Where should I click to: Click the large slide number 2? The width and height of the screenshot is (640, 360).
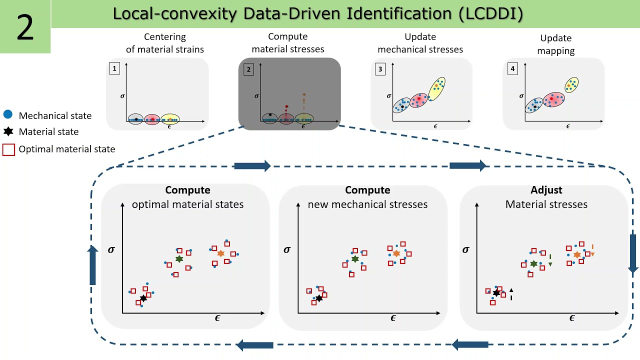coord(25,27)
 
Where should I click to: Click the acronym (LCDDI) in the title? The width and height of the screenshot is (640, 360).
coord(490,14)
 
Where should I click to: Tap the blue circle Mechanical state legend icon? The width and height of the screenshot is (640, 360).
coord(7,114)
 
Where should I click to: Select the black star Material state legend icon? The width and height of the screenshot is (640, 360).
coord(7,131)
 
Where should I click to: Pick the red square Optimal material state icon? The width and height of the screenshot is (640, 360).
coord(8,149)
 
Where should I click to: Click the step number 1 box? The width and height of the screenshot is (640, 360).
coord(114,69)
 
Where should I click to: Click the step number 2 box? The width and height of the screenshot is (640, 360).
coord(248,69)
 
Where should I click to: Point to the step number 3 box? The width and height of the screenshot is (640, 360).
coord(380,69)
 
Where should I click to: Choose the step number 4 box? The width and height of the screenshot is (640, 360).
coord(512,69)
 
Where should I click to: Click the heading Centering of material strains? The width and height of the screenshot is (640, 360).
coord(164,43)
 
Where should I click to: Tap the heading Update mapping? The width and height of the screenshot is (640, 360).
coord(555,44)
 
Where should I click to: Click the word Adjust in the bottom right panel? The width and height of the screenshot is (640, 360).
coord(546,190)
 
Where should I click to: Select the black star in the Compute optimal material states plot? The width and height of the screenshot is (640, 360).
coord(143,298)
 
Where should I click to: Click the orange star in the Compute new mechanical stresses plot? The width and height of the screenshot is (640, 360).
coord(396,253)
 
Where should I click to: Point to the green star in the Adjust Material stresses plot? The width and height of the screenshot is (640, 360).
coord(533,263)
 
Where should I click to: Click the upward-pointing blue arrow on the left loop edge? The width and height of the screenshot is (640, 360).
coord(92,265)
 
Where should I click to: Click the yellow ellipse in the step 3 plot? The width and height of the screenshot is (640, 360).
coord(436,88)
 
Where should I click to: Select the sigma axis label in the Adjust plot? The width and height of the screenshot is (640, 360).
coord(465,249)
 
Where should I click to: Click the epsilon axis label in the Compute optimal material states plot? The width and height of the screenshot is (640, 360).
coord(217,318)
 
